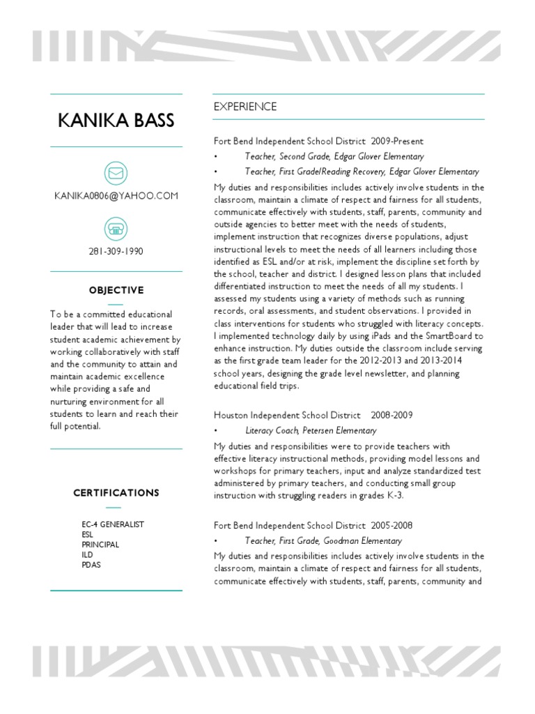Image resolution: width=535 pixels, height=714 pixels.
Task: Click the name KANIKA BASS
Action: click(116, 121)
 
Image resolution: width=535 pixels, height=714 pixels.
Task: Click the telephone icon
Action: click(116, 227)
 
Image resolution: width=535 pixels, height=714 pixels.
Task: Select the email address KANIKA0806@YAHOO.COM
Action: click(116, 196)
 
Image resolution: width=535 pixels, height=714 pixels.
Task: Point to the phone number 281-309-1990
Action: click(116, 251)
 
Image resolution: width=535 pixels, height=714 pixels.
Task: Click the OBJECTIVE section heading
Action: click(116, 290)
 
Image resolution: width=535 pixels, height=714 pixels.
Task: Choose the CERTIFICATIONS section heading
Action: click(116, 493)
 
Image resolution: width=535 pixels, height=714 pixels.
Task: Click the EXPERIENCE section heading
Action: click(245, 107)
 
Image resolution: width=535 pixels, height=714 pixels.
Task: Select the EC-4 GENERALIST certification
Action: click(113, 524)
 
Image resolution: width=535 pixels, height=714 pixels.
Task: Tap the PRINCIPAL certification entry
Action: click(100, 545)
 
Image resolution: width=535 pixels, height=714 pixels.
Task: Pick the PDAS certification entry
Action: click(91, 565)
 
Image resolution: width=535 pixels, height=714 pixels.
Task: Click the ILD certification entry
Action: click(87, 554)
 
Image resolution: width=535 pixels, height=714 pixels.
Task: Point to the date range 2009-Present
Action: click(397, 142)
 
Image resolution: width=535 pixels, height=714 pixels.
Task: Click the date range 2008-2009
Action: click(391, 415)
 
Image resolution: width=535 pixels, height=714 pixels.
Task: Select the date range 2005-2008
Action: click(394, 525)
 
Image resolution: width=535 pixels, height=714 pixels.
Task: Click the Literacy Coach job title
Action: click(273, 431)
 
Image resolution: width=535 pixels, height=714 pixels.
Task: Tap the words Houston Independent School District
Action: click(287, 415)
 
